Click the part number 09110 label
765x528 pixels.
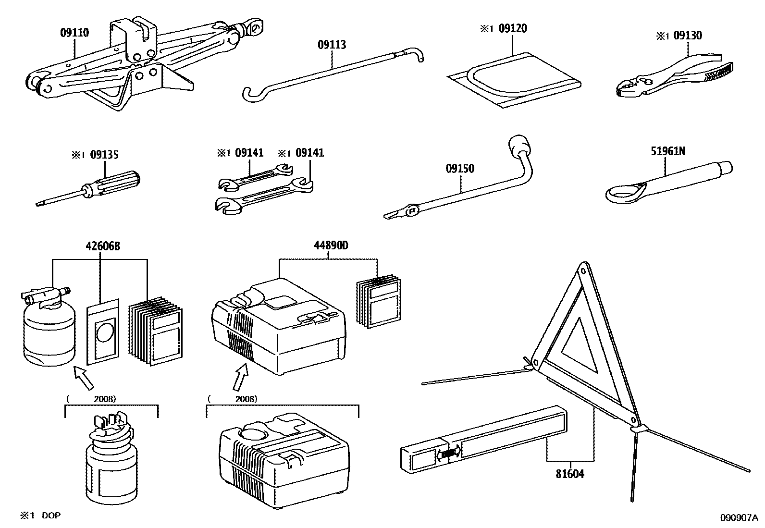tap(74, 33)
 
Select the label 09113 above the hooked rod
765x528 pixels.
tap(332, 45)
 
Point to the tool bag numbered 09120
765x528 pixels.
tap(514, 79)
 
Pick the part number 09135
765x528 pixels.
tap(104, 155)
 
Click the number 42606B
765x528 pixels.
tap(103, 246)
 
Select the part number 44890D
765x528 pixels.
tap(331, 246)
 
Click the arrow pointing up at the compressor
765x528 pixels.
tap(240, 377)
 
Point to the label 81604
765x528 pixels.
tap(570, 474)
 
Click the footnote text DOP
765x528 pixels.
tap(51, 516)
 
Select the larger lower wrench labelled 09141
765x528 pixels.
tap(264, 197)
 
